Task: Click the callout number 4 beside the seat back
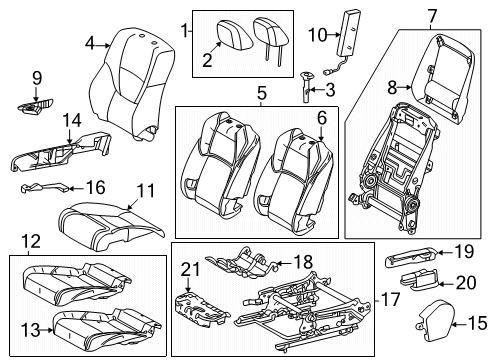pos(91,43)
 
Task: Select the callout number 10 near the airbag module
pos(316,36)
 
